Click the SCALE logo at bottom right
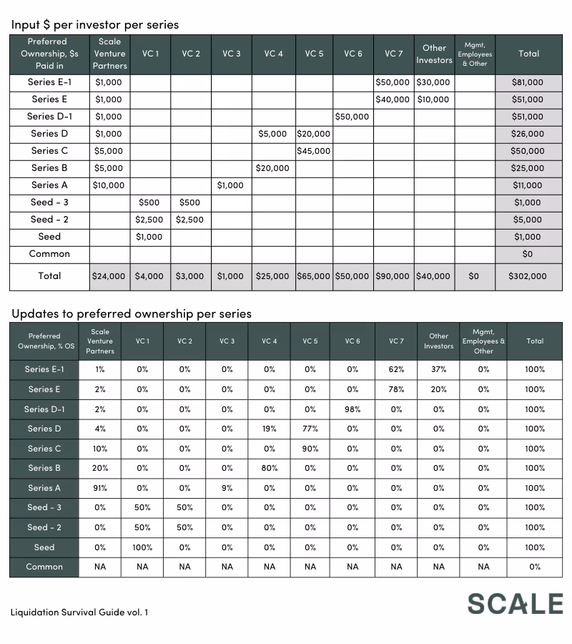point(515,603)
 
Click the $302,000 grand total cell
point(528,276)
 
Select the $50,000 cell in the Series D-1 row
point(352,117)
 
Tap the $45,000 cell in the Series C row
point(313,151)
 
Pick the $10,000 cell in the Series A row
point(109,185)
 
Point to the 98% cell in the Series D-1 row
point(352,409)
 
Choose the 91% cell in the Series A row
point(100,488)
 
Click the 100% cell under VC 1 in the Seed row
point(142,547)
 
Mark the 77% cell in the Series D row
point(310,429)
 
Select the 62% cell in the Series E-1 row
point(396,370)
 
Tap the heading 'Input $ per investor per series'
point(95,24)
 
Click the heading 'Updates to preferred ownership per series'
point(132,313)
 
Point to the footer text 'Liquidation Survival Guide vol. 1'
point(79,612)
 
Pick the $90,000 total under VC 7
point(393,276)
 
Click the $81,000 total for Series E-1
point(528,82)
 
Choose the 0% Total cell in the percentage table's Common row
point(535,567)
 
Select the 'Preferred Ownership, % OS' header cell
point(44,341)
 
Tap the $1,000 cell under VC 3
point(230,185)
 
